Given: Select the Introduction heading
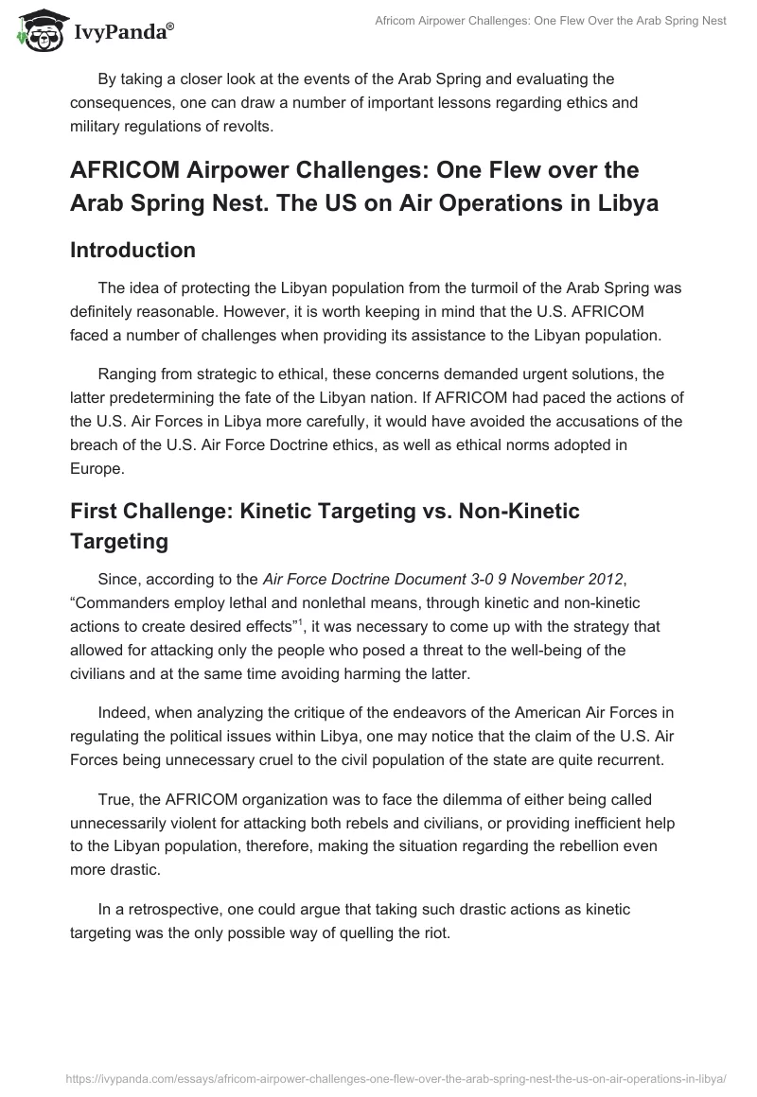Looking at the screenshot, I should click(133, 250).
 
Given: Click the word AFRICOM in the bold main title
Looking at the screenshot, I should click(128, 169).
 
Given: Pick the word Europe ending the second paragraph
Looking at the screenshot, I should click(95, 467).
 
